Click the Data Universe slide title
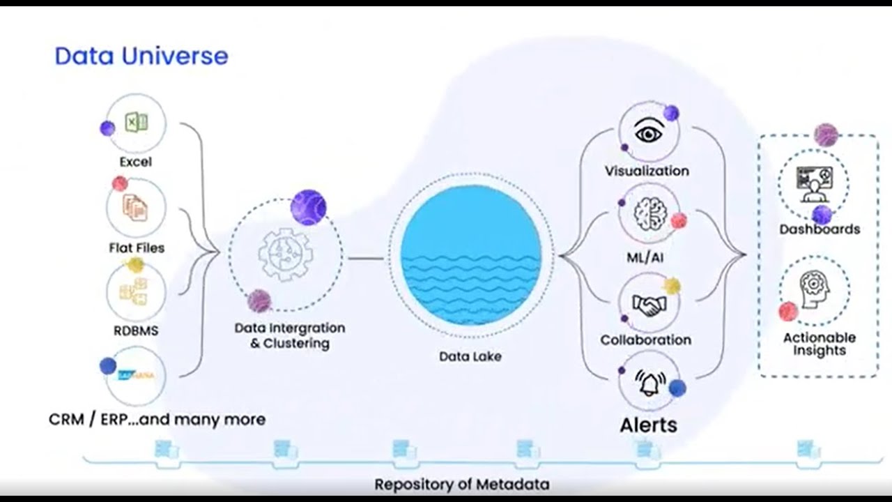pos(141,56)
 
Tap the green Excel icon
pos(136,123)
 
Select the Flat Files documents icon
pos(136,206)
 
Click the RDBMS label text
pos(136,330)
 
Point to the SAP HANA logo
pos(137,375)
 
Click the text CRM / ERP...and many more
pos(157,420)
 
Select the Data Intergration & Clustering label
pos(289,335)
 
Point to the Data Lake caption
pos(470,356)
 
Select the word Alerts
pos(648,425)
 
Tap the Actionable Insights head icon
pos(814,289)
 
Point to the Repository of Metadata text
pos(461,484)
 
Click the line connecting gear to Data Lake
pos(365,259)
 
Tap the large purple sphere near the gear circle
pos(308,207)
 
